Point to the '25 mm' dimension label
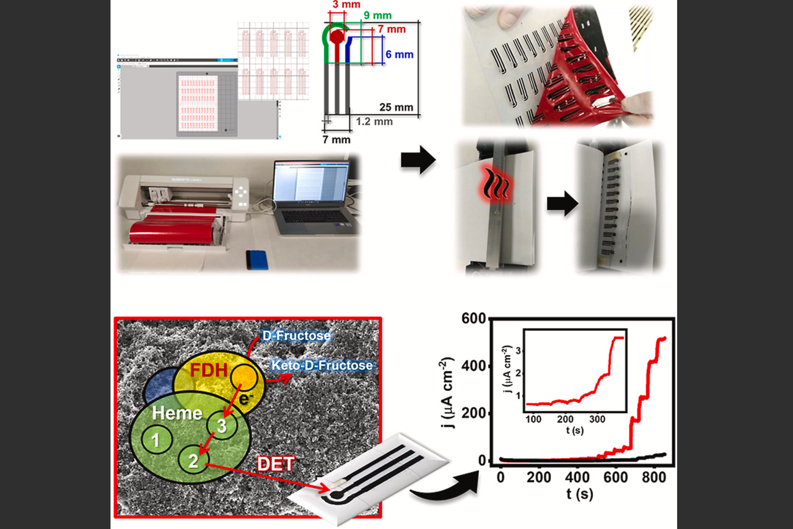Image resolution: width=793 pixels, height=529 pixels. (x=396, y=107)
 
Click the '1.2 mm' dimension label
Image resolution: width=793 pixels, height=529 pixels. (x=374, y=121)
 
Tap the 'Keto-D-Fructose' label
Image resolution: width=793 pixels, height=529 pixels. (x=322, y=365)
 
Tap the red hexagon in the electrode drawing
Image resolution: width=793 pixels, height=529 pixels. (x=336, y=37)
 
